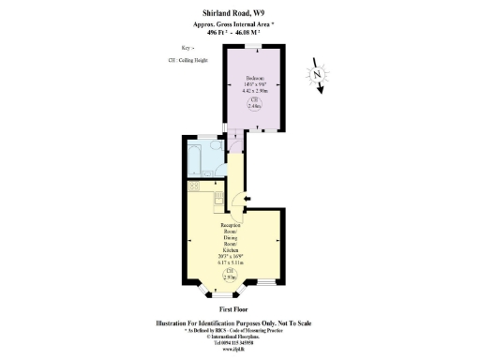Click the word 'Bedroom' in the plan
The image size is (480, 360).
pyautogui.click(x=254, y=78)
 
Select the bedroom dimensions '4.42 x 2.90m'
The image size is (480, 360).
pyautogui.click(x=254, y=91)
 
